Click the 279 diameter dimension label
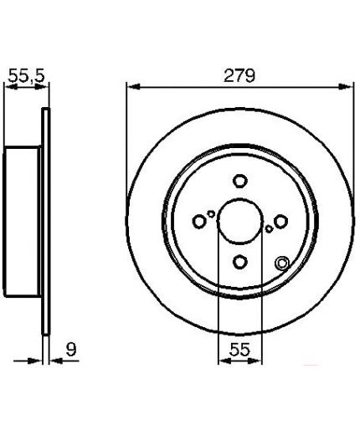click(239, 75)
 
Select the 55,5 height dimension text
click(27, 76)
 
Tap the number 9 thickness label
click(71, 349)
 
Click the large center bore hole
click(240, 220)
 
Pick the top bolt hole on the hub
click(240, 181)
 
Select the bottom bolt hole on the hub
click(240, 262)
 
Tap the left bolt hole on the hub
click(199, 222)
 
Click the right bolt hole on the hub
click(280, 221)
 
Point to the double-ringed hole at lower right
click(282, 264)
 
